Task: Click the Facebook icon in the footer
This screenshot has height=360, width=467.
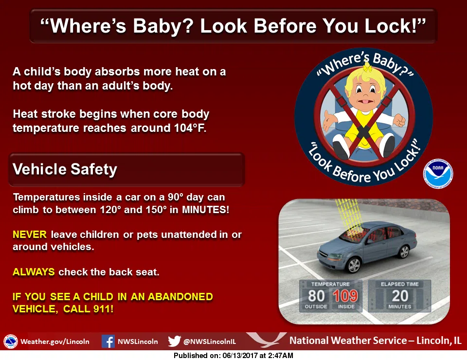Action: (x=108, y=341)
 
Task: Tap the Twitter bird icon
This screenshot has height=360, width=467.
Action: (x=174, y=341)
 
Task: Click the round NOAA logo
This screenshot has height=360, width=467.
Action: (x=438, y=174)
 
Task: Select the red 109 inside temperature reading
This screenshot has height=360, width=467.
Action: (x=345, y=296)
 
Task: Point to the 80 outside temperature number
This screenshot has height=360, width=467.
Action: (x=316, y=296)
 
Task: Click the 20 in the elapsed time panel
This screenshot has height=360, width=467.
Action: (x=400, y=296)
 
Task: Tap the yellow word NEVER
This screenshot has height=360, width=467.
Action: (x=30, y=234)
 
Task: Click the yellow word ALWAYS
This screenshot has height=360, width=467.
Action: (x=34, y=272)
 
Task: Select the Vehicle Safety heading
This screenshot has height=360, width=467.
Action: (x=65, y=169)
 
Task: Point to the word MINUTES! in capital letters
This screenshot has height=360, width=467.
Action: (x=205, y=210)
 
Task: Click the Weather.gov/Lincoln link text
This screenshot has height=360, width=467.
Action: (x=55, y=342)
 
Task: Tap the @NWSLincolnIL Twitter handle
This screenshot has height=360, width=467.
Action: (x=210, y=342)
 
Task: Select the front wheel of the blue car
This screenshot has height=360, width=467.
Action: (x=354, y=265)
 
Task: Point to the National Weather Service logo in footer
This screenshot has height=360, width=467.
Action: (x=10, y=342)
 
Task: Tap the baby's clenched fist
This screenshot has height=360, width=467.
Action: (x=399, y=120)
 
